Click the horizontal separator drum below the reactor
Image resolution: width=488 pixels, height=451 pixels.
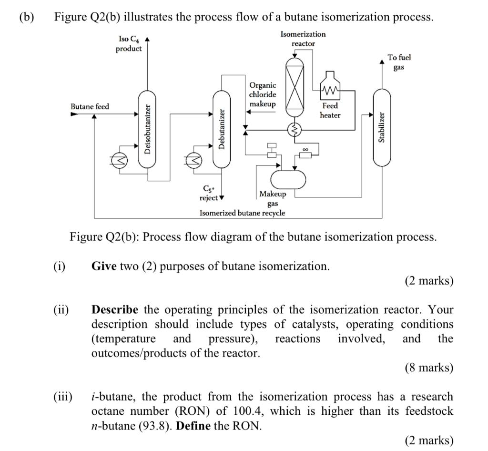[288, 179]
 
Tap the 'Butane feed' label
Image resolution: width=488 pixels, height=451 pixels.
[90, 106]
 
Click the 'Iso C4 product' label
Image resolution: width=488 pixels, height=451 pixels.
[129, 43]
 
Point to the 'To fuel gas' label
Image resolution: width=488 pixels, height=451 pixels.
[399, 62]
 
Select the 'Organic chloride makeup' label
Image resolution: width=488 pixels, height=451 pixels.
[262, 94]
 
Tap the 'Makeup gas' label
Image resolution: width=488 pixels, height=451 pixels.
[273, 198]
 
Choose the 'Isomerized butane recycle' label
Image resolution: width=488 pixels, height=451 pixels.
[242, 213]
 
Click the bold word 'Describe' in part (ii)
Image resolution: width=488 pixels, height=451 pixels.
[115, 309]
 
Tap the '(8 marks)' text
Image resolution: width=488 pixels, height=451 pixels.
[429, 368]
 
